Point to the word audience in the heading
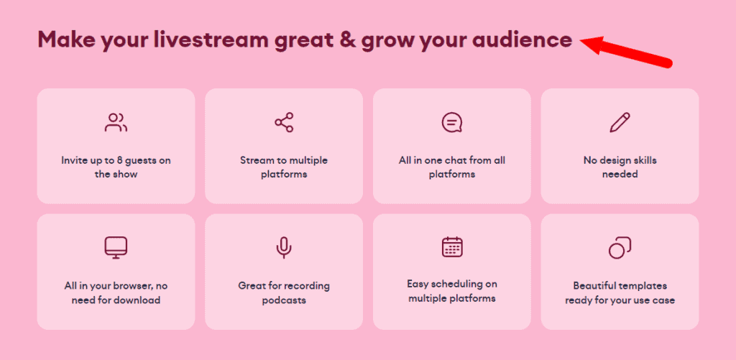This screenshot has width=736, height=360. point(522,40)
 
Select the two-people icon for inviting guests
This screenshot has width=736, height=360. point(116,123)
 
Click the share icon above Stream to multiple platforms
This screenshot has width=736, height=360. point(284,123)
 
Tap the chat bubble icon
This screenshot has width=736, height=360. point(452,123)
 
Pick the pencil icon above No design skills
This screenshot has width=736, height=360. point(620,123)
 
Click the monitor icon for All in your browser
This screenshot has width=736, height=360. point(116,248)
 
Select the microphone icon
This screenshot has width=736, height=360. point(284,248)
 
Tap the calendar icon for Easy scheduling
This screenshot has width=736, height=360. point(452,247)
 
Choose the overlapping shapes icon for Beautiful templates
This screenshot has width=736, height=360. point(620,248)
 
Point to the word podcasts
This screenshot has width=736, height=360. point(284,300)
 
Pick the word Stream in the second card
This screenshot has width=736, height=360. point(256,160)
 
